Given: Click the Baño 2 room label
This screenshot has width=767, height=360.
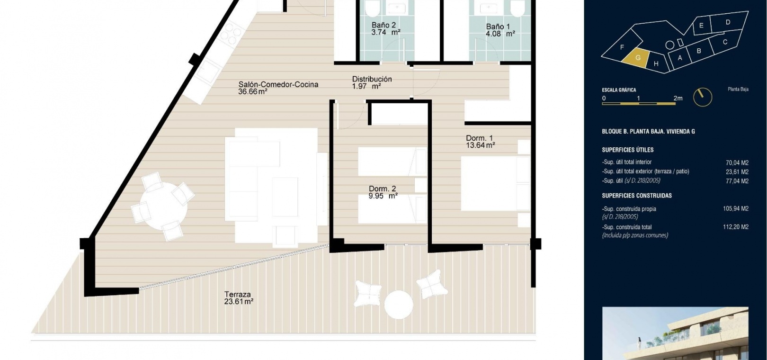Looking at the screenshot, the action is tap(383, 25).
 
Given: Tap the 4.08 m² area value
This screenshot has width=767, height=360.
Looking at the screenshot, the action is tap(500, 34).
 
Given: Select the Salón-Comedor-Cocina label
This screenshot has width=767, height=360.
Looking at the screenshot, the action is tap(278, 84).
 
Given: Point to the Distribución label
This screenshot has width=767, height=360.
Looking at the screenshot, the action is tap(372, 79).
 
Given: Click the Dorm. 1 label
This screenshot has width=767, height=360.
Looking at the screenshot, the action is tap(479, 138).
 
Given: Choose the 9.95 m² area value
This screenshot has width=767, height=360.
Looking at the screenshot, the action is tap(383, 196).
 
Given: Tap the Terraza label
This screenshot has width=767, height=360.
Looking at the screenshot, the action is tap(238, 294).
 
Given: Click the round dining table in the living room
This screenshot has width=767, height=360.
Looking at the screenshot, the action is tap(163, 206).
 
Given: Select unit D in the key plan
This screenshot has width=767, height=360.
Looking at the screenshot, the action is tap(728, 22).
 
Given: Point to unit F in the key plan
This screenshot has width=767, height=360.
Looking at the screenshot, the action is tap(622, 48).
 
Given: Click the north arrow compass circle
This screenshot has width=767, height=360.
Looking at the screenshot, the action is tap(703, 97).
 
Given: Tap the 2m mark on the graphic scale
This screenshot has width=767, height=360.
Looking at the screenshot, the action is tap(678, 99).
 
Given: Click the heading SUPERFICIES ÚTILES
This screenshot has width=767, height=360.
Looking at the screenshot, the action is tap(628, 150).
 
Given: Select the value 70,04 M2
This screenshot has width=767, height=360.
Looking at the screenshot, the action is tap(737, 162).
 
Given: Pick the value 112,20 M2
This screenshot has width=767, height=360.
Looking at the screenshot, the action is tap(735, 227).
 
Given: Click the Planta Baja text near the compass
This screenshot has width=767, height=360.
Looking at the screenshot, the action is tap(738, 89).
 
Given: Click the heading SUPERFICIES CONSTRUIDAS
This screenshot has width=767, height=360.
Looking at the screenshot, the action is tap(636, 196).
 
